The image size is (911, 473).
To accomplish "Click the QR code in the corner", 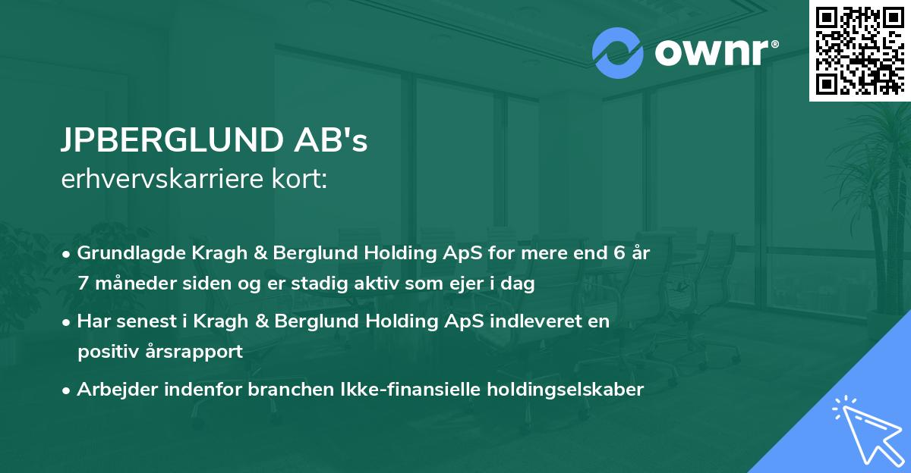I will pos(859,50).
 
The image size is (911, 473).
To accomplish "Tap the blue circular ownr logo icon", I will pos(617,52).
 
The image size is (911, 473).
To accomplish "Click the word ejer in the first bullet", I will pos(462,284).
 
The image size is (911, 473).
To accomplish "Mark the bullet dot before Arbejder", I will pos(68,390).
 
